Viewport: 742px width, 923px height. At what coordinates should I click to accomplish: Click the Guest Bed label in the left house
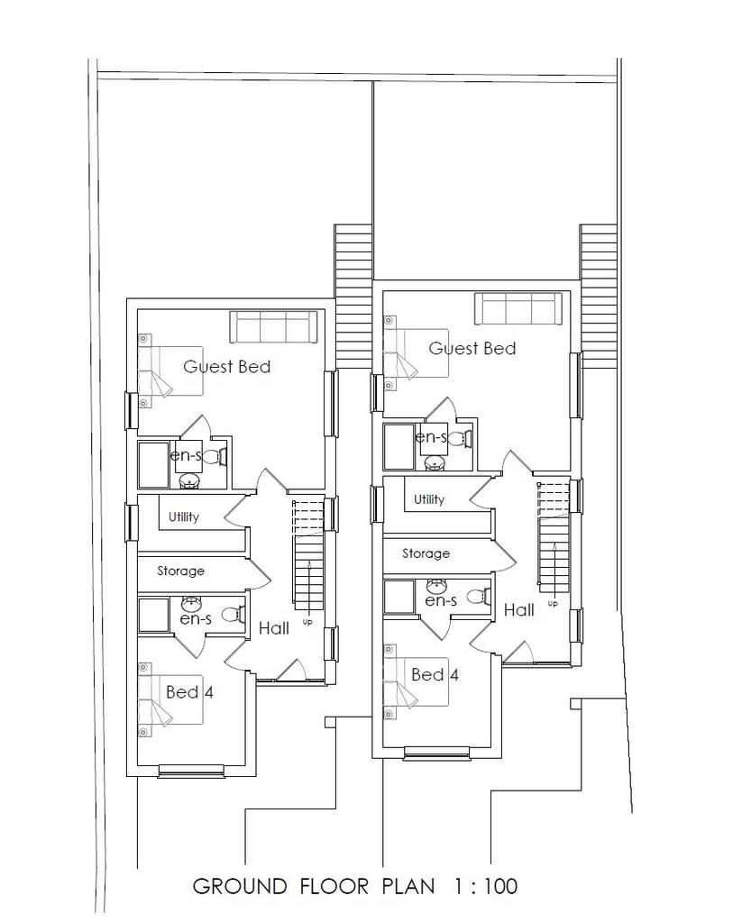click(x=226, y=367)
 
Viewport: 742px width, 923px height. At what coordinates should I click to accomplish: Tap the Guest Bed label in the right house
click(x=472, y=349)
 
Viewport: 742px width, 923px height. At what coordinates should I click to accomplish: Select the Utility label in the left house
click(x=184, y=516)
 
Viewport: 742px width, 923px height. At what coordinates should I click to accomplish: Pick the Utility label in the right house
click(x=429, y=499)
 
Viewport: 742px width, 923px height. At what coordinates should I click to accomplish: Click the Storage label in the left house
click(x=181, y=571)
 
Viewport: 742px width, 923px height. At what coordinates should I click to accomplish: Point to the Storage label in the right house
click(x=426, y=553)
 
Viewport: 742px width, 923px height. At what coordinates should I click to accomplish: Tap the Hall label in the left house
click(x=274, y=628)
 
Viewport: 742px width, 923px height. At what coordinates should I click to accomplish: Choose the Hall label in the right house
click(x=518, y=610)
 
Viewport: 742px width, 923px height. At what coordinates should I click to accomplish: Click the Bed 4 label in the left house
click(x=189, y=691)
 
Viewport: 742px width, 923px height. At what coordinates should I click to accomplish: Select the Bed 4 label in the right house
click(x=435, y=674)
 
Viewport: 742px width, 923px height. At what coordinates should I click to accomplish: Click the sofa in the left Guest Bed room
click(x=273, y=327)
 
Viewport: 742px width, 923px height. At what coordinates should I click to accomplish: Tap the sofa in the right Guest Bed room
click(x=518, y=308)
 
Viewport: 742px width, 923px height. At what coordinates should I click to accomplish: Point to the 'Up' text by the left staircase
click(x=307, y=622)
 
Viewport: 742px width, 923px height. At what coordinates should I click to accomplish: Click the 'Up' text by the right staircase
click(x=553, y=603)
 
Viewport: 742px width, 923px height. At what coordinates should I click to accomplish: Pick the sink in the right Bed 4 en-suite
click(x=435, y=586)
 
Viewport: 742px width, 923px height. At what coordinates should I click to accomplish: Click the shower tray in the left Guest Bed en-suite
click(x=153, y=465)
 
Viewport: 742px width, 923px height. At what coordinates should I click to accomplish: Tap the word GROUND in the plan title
click(x=240, y=885)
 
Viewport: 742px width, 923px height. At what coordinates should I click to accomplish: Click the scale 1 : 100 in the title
click(x=486, y=885)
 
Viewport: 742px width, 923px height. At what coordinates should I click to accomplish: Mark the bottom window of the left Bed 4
click(x=191, y=771)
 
